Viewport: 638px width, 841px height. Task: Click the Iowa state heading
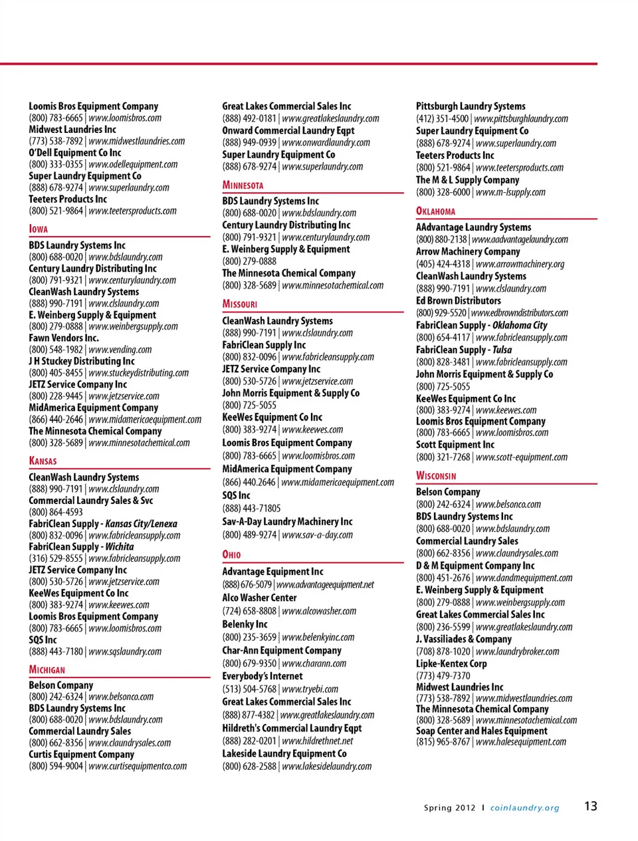click(x=39, y=229)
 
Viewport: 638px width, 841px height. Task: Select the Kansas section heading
click(x=43, y=461)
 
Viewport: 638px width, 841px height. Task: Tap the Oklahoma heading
click(x=435, y=211)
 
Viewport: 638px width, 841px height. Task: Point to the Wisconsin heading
click(x=436, y=476)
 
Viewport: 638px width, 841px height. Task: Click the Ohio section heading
click(x=231, y=554)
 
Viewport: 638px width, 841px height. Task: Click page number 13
click(x=590, y=806)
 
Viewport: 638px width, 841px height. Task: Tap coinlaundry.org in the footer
click(x=524, y=808)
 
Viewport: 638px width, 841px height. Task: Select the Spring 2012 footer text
click(x=449, y=808)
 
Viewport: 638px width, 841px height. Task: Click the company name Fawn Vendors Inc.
click(x=63, y=338)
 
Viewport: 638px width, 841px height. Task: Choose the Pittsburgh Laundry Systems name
click(x=471, y=106)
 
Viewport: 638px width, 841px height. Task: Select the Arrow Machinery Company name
click(x=468, y=251)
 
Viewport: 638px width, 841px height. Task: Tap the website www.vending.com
click(x=120, y=350)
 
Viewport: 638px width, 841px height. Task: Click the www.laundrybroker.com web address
click(x=517, y=652)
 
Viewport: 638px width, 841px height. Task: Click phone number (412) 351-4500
click(x=442, y=119)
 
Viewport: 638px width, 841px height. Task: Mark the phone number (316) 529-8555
click(x=56, y=558)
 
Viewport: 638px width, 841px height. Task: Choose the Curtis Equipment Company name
click(x=81, y=755)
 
